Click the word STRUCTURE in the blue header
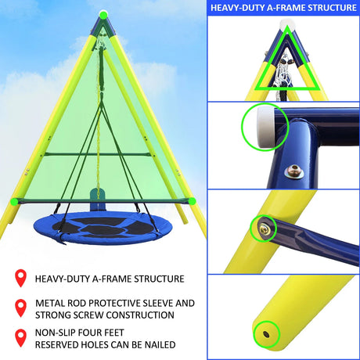[327, 8]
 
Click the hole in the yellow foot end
[268, 333]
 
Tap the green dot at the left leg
[13, 201]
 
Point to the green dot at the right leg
[190, 201]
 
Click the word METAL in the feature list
[50, 301]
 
